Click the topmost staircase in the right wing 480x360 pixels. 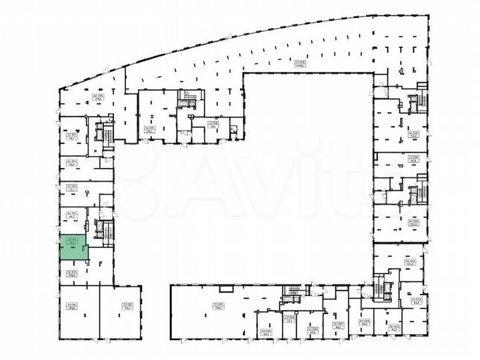413,104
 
